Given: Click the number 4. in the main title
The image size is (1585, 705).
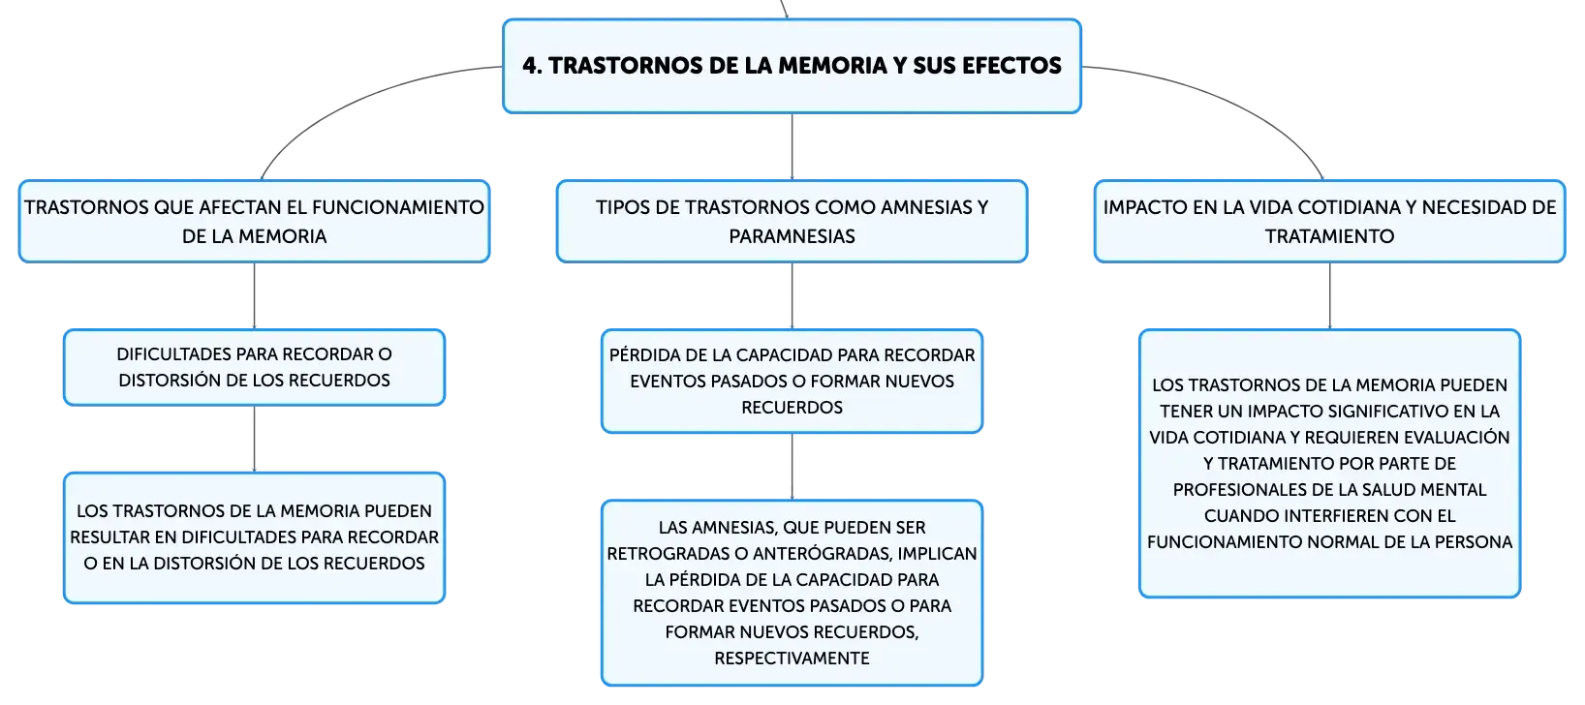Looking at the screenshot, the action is pos(532,66).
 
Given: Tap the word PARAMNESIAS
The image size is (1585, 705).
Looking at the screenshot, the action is pos(792,236).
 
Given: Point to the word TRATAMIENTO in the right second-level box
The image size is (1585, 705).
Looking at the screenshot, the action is pos(1329,236).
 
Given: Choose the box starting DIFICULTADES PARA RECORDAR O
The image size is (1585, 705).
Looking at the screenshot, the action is pos(254,368).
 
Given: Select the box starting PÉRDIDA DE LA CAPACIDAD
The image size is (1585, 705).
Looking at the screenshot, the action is pos(792,382).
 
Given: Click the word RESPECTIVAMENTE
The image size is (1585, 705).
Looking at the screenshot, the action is pos(792,659).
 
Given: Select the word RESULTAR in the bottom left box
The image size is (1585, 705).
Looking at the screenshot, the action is pos(109,537).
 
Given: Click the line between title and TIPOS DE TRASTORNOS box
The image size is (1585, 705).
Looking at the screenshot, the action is pos(792,146).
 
